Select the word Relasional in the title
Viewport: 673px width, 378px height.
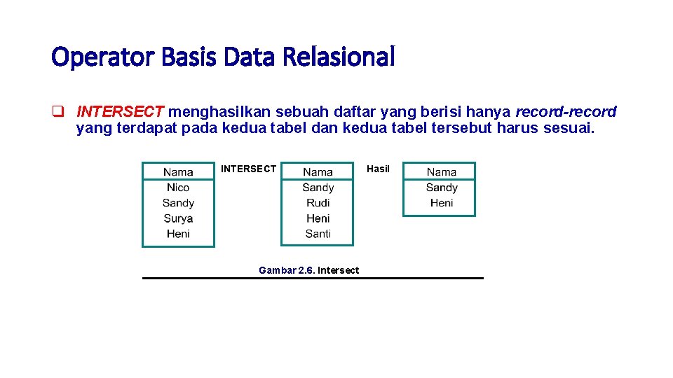(339, 57)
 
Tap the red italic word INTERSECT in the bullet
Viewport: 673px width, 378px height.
(120, 112)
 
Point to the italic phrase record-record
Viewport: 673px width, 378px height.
(566, 112)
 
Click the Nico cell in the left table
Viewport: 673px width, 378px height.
(178, 188)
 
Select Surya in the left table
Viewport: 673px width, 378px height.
(178, 218)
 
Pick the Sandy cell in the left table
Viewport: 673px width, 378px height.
(178, 203)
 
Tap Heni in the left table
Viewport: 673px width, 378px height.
(178, 234)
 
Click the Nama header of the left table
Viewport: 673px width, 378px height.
(178, 172)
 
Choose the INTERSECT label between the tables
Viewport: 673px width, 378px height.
(248, 169)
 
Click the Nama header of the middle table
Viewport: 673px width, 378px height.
(318, 172)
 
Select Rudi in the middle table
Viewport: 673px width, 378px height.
(318, 203)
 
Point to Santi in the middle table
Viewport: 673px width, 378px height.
(318, 234)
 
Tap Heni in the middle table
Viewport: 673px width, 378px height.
(318, 218)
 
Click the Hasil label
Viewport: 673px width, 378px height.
(378, 169)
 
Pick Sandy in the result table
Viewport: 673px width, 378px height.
(441, 188)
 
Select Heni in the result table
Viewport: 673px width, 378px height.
(441, 203)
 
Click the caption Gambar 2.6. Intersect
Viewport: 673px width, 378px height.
(308, 270)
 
